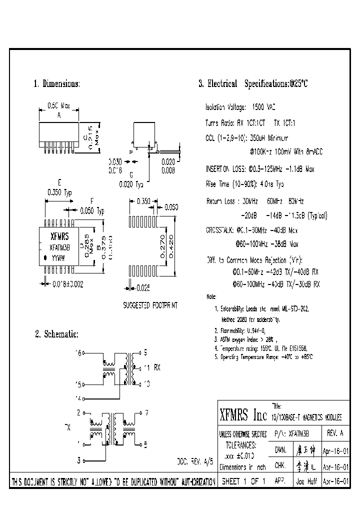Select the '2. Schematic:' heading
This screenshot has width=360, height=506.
point(56,334)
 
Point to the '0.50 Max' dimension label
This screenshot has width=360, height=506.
point(58,106)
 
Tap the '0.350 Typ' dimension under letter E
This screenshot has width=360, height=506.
point(59,191)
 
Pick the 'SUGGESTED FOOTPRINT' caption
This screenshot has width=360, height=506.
point(150,304)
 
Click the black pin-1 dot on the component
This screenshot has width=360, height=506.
point(45,258)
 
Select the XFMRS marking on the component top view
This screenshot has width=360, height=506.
point(59,236)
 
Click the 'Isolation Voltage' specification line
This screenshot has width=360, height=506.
point(240,107)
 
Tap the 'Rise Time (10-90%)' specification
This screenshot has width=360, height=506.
point(244,184)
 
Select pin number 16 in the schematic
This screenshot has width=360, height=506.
point(78,352)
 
